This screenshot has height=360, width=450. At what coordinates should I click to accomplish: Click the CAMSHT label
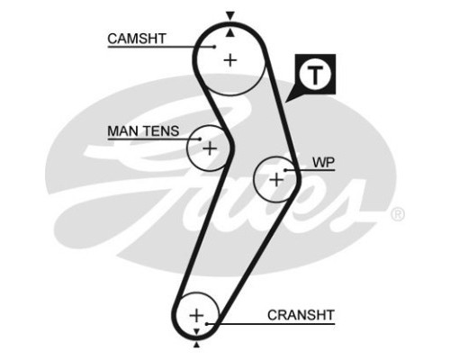tap(137, 39)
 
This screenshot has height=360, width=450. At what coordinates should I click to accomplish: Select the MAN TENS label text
tap(143, 131)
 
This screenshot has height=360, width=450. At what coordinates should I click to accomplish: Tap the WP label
tap(323, 162)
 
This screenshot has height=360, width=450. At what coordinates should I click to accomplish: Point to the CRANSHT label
tap(301, 315)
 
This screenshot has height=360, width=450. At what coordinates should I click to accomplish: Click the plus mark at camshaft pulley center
tap(230, 60)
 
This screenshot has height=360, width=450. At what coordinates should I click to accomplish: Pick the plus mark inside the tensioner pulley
tap(210, 148)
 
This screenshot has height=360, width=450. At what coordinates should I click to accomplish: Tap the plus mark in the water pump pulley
tap(276, 180)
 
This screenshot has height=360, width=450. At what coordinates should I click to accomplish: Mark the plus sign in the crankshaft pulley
tap(196, 315)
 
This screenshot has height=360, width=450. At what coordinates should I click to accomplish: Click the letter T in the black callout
tap(315, 75)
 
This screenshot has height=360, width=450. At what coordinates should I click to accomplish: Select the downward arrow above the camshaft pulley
tap(230, 15)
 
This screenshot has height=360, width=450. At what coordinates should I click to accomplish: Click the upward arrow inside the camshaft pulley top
tap(229, 33)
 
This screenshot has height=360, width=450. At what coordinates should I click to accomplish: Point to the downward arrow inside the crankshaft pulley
tap(196, 331)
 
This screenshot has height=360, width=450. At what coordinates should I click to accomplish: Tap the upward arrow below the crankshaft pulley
tap(196, 345)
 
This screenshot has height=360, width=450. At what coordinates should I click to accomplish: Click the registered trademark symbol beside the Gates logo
tap(398, 214)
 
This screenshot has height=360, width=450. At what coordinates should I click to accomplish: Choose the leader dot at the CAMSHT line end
tap(214, 47)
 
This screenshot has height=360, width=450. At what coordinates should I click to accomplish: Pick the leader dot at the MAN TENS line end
tap(200, 139)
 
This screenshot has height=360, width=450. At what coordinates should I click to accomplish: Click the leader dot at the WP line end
tap(285, 170)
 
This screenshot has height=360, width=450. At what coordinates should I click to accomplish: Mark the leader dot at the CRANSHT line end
tap(207, 324)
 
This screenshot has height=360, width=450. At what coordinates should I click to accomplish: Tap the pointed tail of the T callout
tap(285, 102)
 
